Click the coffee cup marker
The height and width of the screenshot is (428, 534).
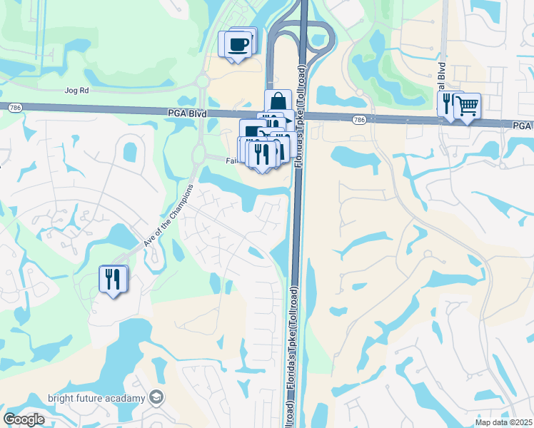(x=238, y=44)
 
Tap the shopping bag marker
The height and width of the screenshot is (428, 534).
(x=278, y=103)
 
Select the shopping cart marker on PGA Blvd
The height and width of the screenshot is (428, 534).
(x=467, y=106)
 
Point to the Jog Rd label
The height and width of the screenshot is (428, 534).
(x=75, y=91)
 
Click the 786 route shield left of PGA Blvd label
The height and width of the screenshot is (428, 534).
(x=14, y=107)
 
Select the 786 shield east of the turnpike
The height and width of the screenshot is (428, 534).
(x=359, y=120)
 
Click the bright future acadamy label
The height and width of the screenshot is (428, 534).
(x=96, y=398)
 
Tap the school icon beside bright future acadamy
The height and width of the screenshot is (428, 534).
(x=157, y=397)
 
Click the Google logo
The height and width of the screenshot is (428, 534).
(x=24, y=419)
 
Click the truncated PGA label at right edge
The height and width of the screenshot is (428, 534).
(x=523, y=125)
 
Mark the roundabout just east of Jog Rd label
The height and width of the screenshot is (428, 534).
(x=201, y=81)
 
